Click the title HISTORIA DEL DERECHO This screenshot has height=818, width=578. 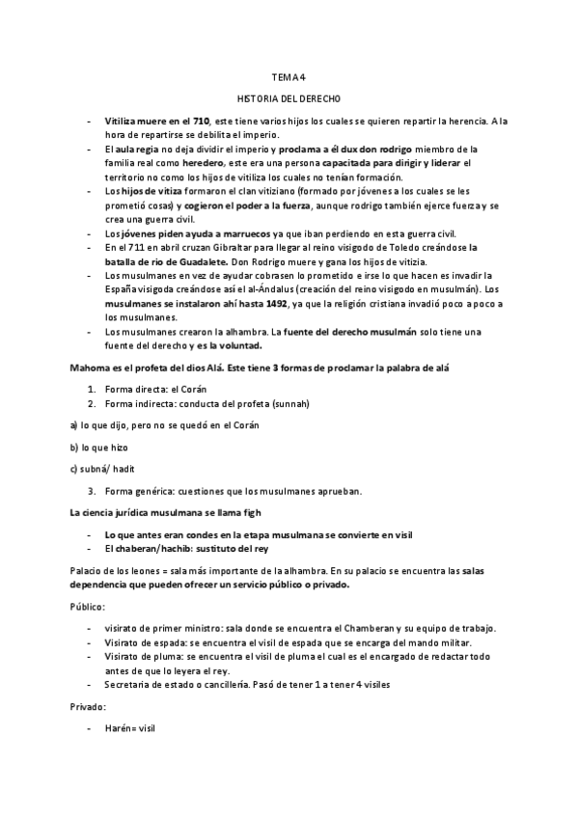tap(289, 98)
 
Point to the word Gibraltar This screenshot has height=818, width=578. tap(209, 248)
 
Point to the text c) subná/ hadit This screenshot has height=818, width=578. tap(103, 470)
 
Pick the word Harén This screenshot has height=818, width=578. tap(119, 728)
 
